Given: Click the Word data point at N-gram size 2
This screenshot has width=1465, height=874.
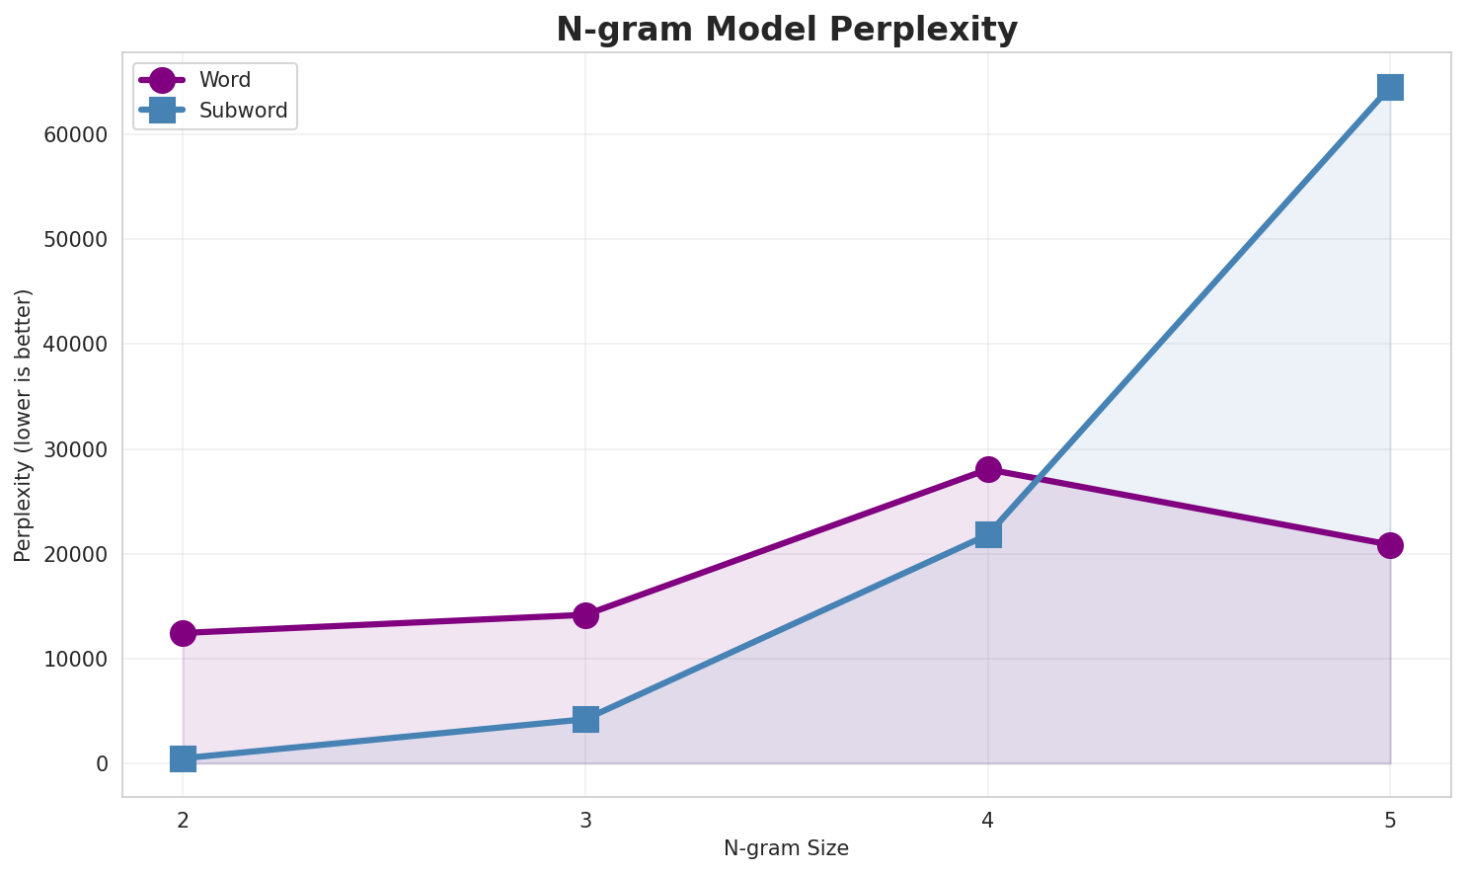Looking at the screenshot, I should [183, 633].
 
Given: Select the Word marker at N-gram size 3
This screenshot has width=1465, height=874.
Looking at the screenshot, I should [585, 615].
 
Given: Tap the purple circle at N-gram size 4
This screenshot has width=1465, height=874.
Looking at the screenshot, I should [988, 469].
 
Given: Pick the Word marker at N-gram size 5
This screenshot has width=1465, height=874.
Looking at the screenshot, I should [1390, 545].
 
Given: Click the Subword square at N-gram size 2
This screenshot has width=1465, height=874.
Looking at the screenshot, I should [183, 758].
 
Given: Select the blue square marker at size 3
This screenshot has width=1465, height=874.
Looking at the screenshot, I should [585, 719].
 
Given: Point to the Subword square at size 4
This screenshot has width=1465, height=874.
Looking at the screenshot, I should [988, 534].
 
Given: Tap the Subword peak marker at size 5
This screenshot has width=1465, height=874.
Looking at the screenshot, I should [1390, 87].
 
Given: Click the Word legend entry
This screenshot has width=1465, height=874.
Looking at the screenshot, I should [224, 80].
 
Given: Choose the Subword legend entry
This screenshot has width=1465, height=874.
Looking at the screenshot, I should [242, 111].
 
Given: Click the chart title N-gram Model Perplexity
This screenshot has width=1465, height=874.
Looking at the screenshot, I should [786, 29].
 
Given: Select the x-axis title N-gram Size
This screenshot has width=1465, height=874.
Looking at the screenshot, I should [786, 848].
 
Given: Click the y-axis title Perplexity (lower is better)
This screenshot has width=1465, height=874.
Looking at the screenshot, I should [24, 425].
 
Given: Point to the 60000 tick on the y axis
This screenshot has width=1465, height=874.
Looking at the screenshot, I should [76, 135].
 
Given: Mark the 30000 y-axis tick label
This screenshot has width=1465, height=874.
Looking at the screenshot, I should [76, 449].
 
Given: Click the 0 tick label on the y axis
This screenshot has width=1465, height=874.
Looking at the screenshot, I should [102, 764].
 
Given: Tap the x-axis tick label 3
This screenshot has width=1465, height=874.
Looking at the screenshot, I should [585, 820].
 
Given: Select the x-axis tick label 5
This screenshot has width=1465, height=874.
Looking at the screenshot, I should [1390, 820].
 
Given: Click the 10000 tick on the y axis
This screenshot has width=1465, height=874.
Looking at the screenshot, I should [76, 659].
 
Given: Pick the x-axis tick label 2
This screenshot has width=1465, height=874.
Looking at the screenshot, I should [183, 820].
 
